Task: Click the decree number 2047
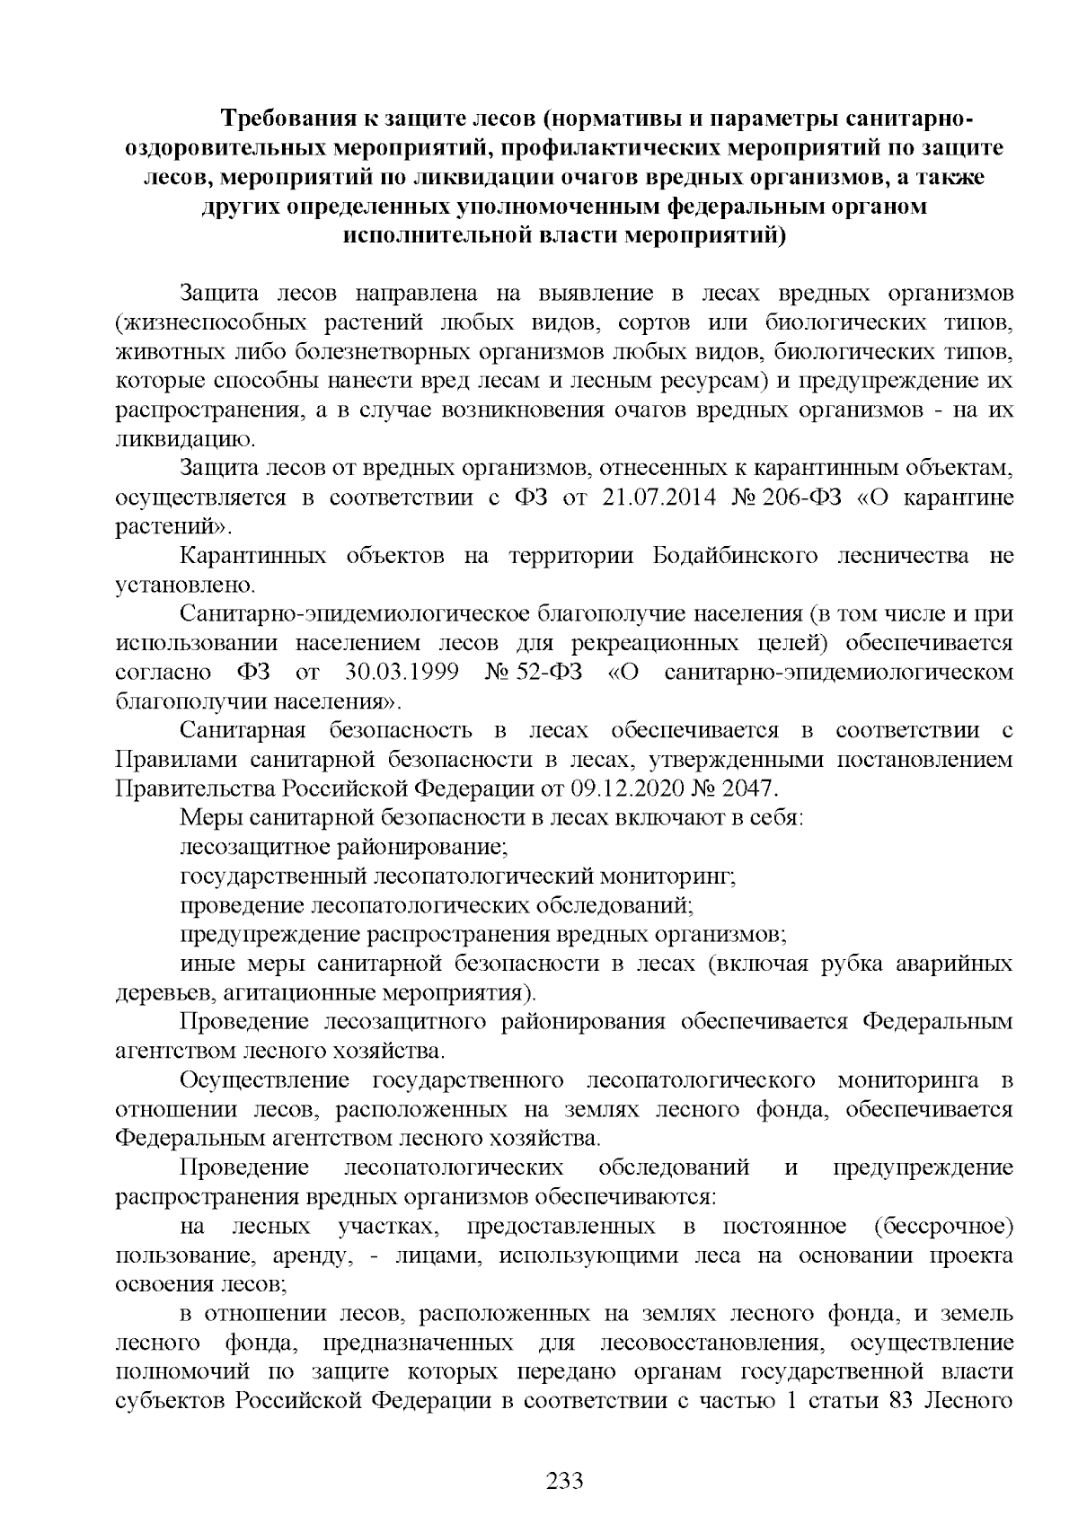[747, 788]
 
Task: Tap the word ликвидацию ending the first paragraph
[182, 440]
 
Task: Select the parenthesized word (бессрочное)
[943, 1227]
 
